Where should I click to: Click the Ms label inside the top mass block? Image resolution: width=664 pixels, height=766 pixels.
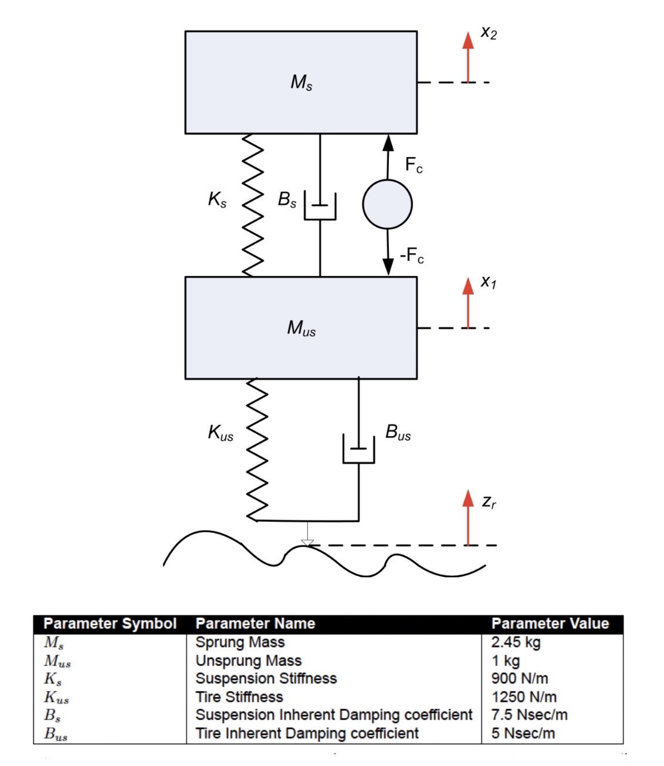click(x=301, y=82)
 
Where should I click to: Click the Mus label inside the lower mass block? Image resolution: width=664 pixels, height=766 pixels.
click(x=301, y=328)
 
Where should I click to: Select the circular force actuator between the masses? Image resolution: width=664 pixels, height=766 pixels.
click(x=387, y=204)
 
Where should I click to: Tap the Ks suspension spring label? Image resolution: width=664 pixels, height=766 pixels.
click(x=217, y=200)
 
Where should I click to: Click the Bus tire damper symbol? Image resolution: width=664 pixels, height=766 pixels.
click(x=358, y=450)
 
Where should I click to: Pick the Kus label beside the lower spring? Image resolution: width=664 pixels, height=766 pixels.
click(x=221, y=433)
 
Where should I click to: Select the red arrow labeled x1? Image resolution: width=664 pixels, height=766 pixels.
click(x=467, y=303)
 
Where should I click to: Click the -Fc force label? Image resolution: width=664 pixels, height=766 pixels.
click(x=412, y=256)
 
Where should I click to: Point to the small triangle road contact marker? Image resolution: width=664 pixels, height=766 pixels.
click(x=307, y=542)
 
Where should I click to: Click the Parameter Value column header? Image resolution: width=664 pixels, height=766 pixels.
click(x=550, y=624)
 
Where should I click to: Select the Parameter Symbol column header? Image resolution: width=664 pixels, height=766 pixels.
click(x=110, y=624)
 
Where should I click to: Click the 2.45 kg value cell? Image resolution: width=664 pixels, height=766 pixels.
click(x=516, y=642)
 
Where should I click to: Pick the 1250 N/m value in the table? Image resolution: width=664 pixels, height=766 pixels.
click(x=524, y=697)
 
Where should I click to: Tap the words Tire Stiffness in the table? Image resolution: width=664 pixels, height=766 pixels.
click(x=239, y=697)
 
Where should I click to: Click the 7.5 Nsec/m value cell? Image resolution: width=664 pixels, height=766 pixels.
click(x=529, y=715)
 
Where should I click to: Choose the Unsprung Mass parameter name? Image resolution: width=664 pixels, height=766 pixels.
click(x=248, y=661)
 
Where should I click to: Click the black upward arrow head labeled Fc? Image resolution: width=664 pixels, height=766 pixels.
click(x=388, y=142)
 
